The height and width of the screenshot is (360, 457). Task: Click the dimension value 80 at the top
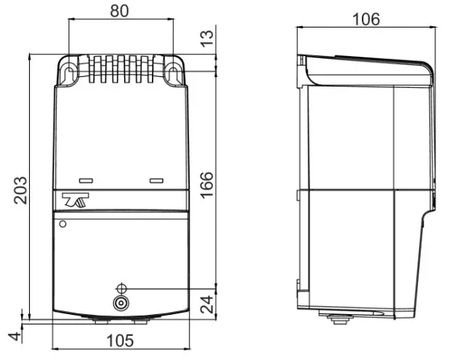point(120,12)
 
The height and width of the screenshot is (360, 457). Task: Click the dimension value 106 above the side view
point(366,19)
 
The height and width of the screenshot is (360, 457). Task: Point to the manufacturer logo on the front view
point(76,201)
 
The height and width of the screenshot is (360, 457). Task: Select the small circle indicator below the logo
point(62,224)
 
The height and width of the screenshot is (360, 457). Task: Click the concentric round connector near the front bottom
point(121,304)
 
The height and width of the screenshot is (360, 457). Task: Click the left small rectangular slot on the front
point(86,180)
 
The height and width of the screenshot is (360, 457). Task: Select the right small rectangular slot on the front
point(155,180)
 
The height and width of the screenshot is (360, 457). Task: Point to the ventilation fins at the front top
point(120,69)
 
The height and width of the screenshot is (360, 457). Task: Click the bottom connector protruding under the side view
point(338,318)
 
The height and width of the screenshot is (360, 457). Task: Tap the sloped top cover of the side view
point(371,68)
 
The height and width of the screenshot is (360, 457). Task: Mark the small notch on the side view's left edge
point(297,193)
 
